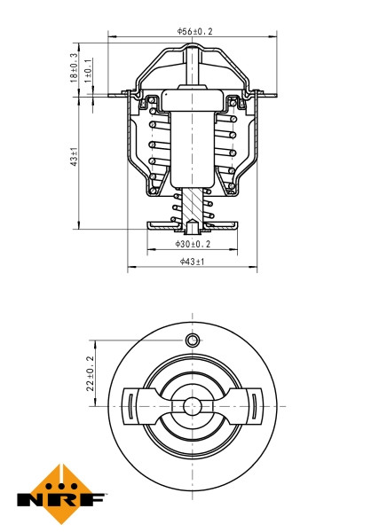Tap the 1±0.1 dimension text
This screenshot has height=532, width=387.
[x=89, y=72]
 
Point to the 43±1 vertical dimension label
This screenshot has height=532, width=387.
[x=75, y=158]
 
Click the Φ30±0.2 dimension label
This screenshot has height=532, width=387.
[x=192, y=243]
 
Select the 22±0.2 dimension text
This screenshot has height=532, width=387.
[x=90, y=373]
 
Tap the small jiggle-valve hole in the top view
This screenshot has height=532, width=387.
[x=192, y=341]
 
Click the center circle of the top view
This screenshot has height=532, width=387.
[x=192, y=406]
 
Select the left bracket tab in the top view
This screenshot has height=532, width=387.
[x=130, y=407]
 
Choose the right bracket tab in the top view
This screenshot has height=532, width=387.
[x=255, y=407]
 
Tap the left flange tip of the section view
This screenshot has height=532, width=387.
[x=113, y=95]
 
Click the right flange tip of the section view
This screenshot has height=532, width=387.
[x=270, y=95]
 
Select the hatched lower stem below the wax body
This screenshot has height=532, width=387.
[x=192, y=204]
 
